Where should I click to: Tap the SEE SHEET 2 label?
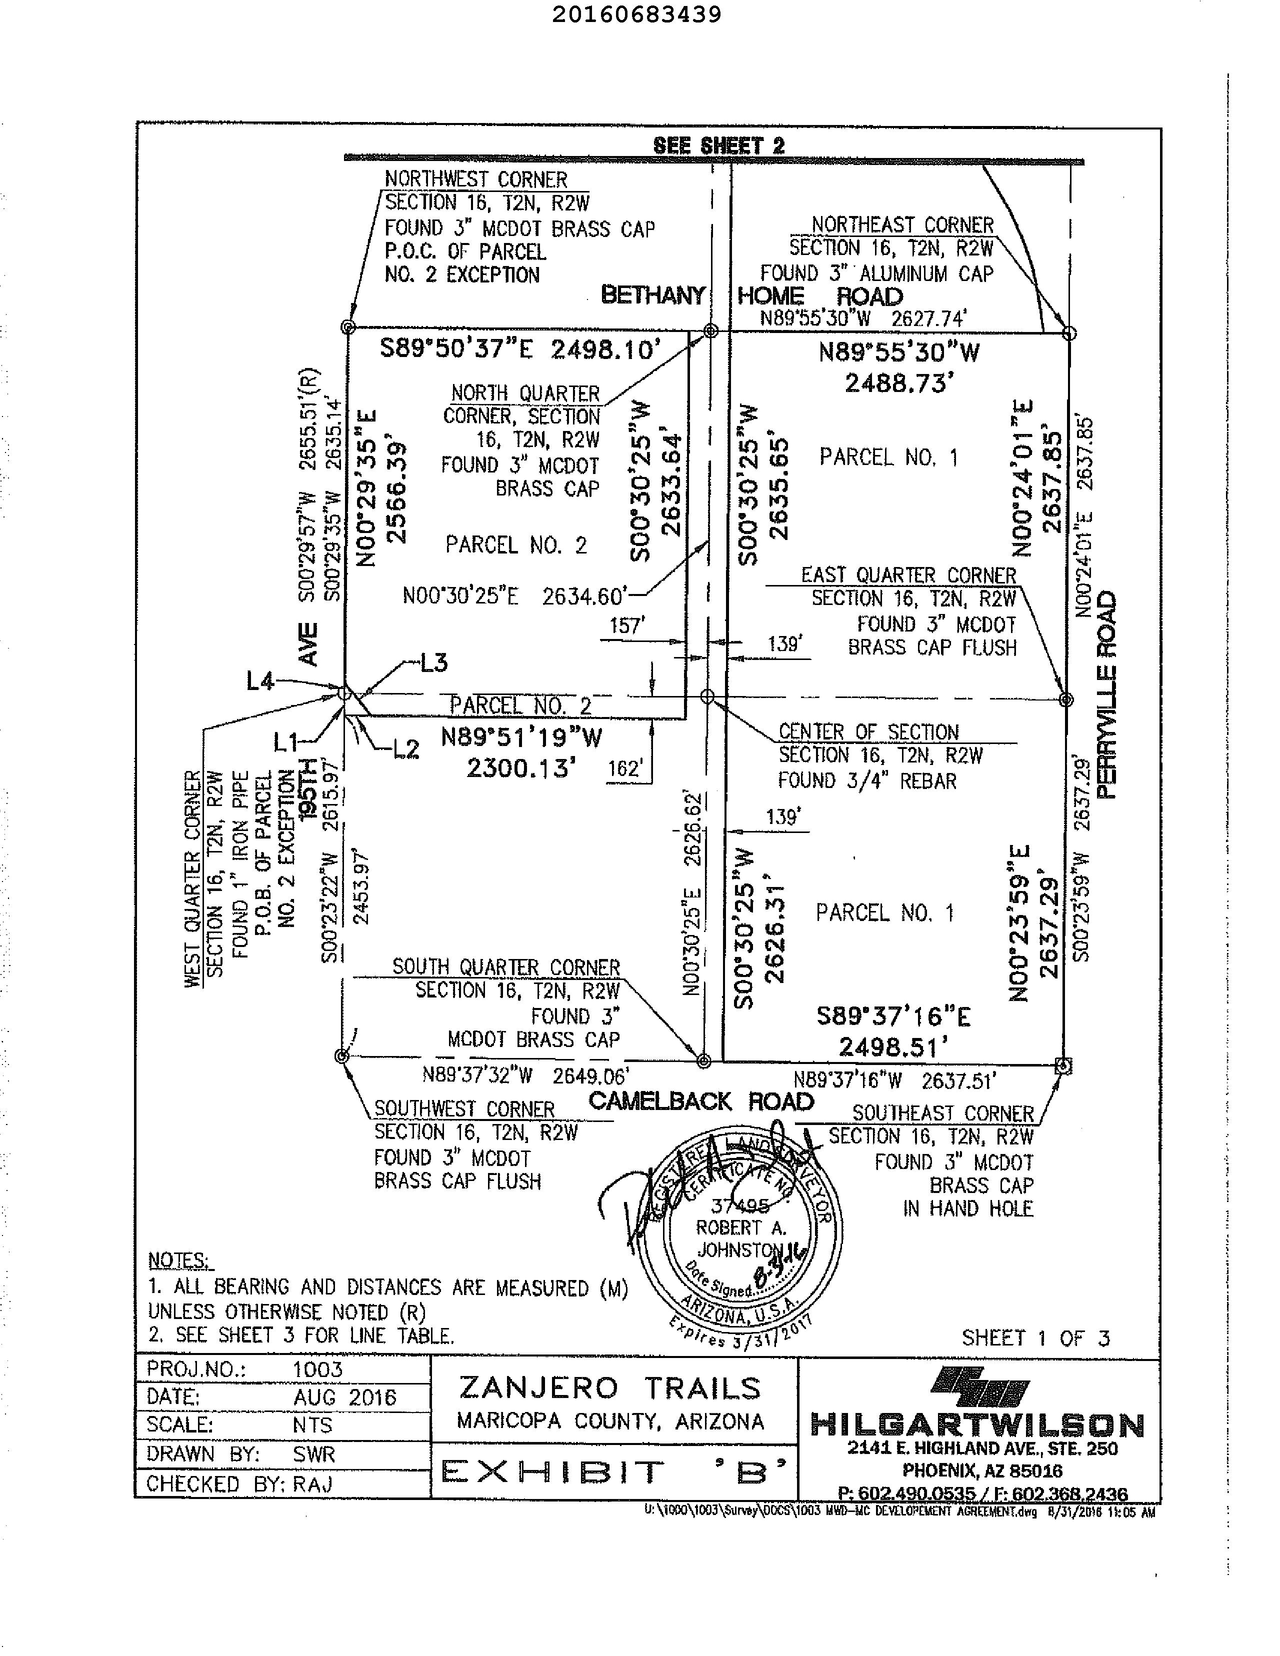point(719,145)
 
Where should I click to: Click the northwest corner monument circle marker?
point(348,327)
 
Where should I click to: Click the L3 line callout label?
point(433,662)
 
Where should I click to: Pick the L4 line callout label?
point(260,681)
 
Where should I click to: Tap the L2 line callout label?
point(405,750)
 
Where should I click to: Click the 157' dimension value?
point(626,625)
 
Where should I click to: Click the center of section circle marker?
point(706,695)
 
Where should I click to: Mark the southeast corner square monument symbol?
point(1063,1066)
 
